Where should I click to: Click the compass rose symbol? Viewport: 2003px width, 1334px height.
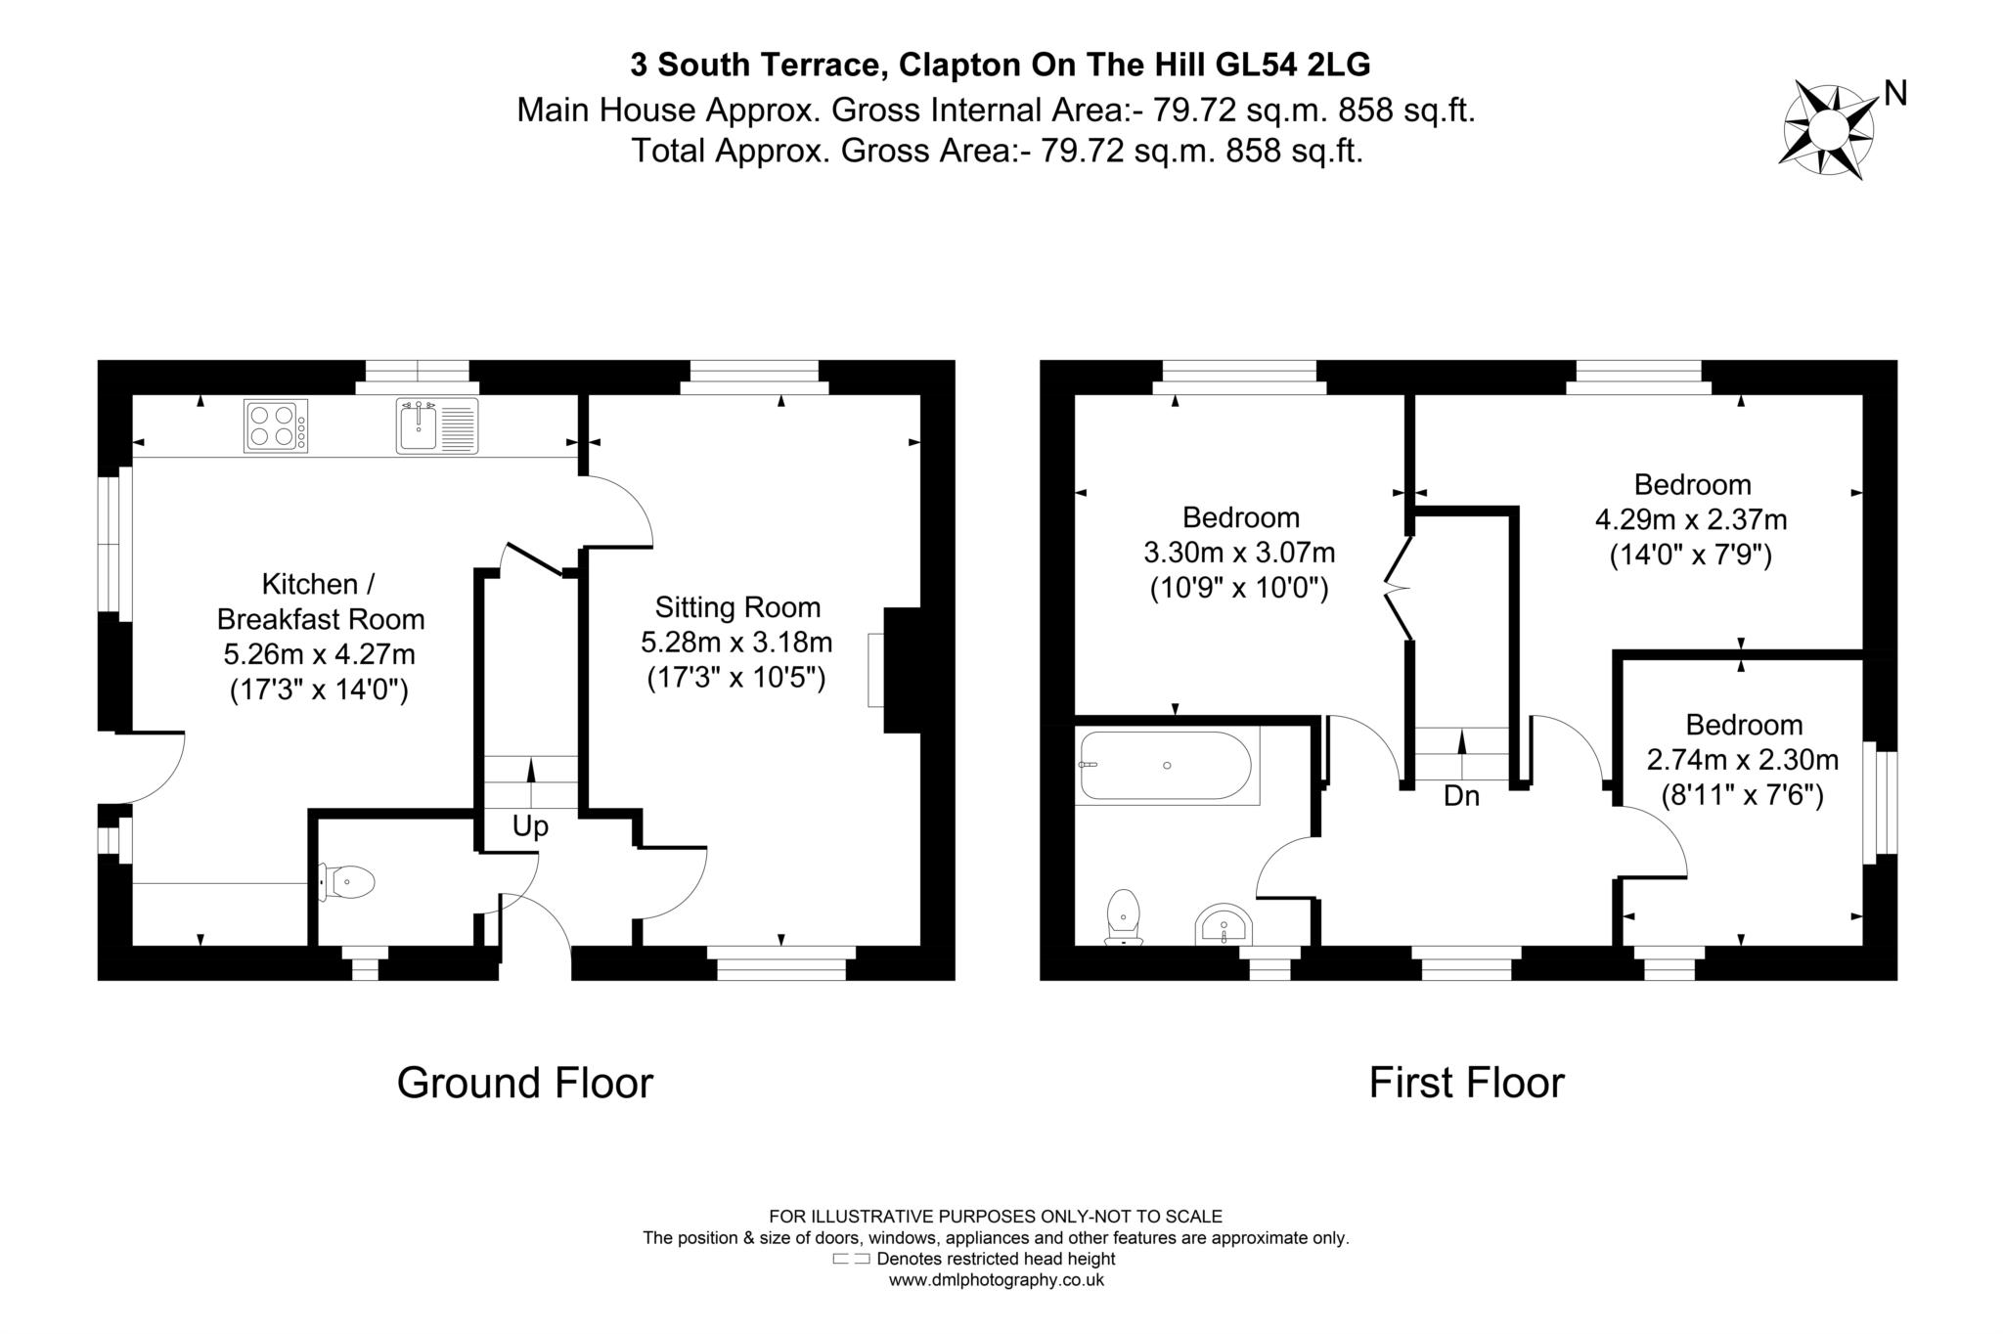click(x=1826, y=130)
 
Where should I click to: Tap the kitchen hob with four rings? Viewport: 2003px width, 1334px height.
click(x=276, y=426)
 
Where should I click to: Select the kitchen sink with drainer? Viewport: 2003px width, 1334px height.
click(x=437, y=425)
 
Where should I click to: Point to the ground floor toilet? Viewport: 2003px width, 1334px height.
click(x=348, y=882)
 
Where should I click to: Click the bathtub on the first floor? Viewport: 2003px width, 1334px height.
click(x=1166, y=766)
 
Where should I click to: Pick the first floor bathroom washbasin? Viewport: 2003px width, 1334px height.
click(x=1223, y=925)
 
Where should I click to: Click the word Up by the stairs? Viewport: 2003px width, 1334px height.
click(x=530, y=827)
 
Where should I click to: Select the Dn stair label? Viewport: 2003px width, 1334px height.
click(x=1461, y=797)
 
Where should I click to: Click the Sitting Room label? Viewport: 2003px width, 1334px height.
click(x=737, y=608)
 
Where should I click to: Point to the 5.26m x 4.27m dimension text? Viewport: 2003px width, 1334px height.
click(x=319, y=654)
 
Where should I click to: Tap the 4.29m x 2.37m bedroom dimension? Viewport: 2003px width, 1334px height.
click(x=1691, y=519)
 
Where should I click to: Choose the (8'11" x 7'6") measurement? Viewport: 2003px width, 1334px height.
click(x=1743, y=796)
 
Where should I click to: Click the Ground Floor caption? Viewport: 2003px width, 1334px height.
click(x=524, y=1084)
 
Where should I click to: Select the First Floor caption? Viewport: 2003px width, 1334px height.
click(x=1466, y=1084)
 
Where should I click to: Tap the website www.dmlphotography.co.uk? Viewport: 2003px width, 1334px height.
click(x=996, y=1280)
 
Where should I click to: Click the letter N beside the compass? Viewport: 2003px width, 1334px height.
click(x=1895, y=94)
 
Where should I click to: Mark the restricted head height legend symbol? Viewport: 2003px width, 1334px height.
click(x=850, y=1260)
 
